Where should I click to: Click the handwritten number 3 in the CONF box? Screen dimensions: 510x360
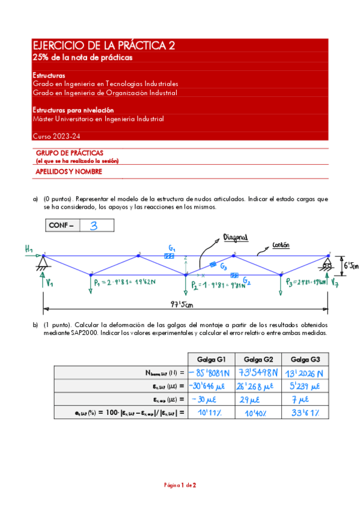pyautogui.click(x=94, y=226)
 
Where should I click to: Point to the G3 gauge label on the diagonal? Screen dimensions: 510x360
pyautogui.click(x=223, y=266)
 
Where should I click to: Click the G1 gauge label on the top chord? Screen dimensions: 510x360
pyautogui.click(x=172, y=248)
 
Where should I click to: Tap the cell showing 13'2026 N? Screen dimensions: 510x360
pyautogui.click(x=305, y=373)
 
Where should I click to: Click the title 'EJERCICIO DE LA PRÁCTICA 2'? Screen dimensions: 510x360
pyautogui.click(x=104, y=46)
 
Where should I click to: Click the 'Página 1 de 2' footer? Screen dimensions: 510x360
pyautogui.click(x=180, y=485)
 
